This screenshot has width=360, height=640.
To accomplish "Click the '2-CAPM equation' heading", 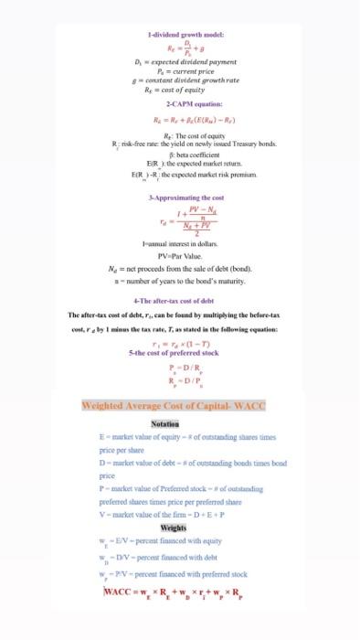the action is pyautogui.click(x=180, y=103).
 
